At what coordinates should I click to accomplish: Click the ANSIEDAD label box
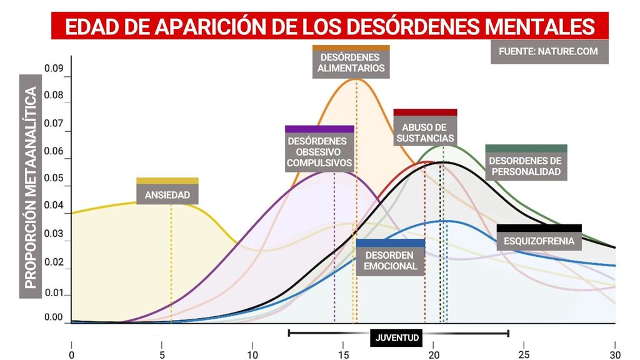click(x=167, y=194)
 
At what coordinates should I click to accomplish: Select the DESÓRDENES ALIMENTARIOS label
click(x=351, y=62)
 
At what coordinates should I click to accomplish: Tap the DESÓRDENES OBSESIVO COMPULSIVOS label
click(x=319, y=152)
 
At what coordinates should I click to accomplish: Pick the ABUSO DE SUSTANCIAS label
click(x=425, y=132)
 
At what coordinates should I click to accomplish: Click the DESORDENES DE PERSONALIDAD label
click(x=526, y=166)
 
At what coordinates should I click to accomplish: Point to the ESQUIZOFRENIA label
click(x=539, y=241)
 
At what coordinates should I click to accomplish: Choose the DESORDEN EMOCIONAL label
click(x=391, y=261)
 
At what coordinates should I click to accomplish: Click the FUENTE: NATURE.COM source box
click(x=549, y=51)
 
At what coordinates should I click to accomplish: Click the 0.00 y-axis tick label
click(x=54, y=317)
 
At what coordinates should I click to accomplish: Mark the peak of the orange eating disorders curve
click(x=356, y=79)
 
